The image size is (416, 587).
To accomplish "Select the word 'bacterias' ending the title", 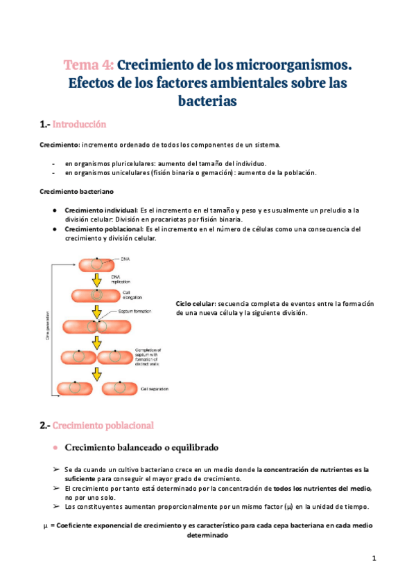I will [208, 101].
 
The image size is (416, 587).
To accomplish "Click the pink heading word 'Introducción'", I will [79, 125].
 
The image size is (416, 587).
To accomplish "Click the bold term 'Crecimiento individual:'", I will [101, 209].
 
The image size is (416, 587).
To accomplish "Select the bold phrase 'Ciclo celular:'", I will [196, 304].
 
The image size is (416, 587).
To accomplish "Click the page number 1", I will [373, 559].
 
